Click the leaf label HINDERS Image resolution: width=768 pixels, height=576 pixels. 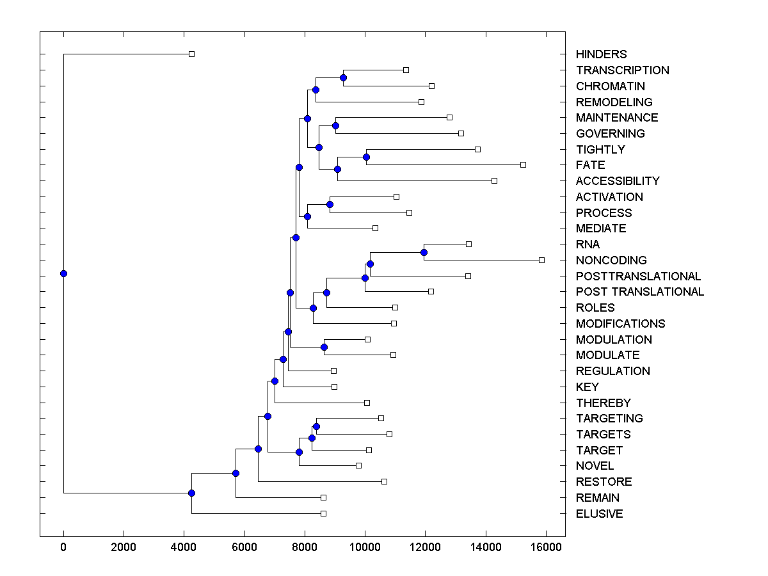pyautogui.click(x=601, y=54)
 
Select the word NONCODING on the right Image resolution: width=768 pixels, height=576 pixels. pyautogui.click(x=611, y=260)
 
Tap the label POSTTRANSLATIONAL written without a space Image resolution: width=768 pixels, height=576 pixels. pyautogui.click(x=638, y=276)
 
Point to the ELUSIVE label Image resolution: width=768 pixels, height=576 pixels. pyautogui.click(x=599, y=514)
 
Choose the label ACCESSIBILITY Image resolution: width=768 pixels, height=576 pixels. pyautogui.click(x=617, y=181)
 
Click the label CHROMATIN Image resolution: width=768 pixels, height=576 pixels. pyautogui.click(x=610, y=86)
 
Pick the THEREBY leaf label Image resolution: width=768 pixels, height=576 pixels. pyautogui.click(x=603, y=403)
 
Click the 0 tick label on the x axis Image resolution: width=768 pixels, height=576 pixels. pyautogui.click(x=63, y=547)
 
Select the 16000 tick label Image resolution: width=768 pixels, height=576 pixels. pyautogui.click(x=546, y=547)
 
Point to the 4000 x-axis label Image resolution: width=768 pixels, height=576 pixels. pyautogui.click(x=184, y=547)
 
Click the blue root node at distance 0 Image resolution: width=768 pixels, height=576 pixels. pyautogui.click(x=63, y=273)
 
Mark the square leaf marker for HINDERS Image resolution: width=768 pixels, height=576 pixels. pyautogui.click(x=191, y=54)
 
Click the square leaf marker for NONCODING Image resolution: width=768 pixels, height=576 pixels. pyautogui.click(x=541, y=260)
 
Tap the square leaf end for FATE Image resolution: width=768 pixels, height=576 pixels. pyautogui.click(x=523, y=164)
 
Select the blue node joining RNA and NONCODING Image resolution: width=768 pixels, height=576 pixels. pyautogui.click(x=424, y=252)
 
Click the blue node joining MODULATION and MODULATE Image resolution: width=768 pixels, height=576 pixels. pyautogui.click(x=324, y=347)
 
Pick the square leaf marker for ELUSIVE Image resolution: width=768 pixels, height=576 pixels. pyautogui.click(x=323, y=513)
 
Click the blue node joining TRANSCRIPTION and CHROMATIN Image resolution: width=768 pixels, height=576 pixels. pyautogui.click(x=343, y=77)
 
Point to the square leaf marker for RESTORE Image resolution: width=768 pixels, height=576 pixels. pyautogui.click(x=384, y=481)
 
